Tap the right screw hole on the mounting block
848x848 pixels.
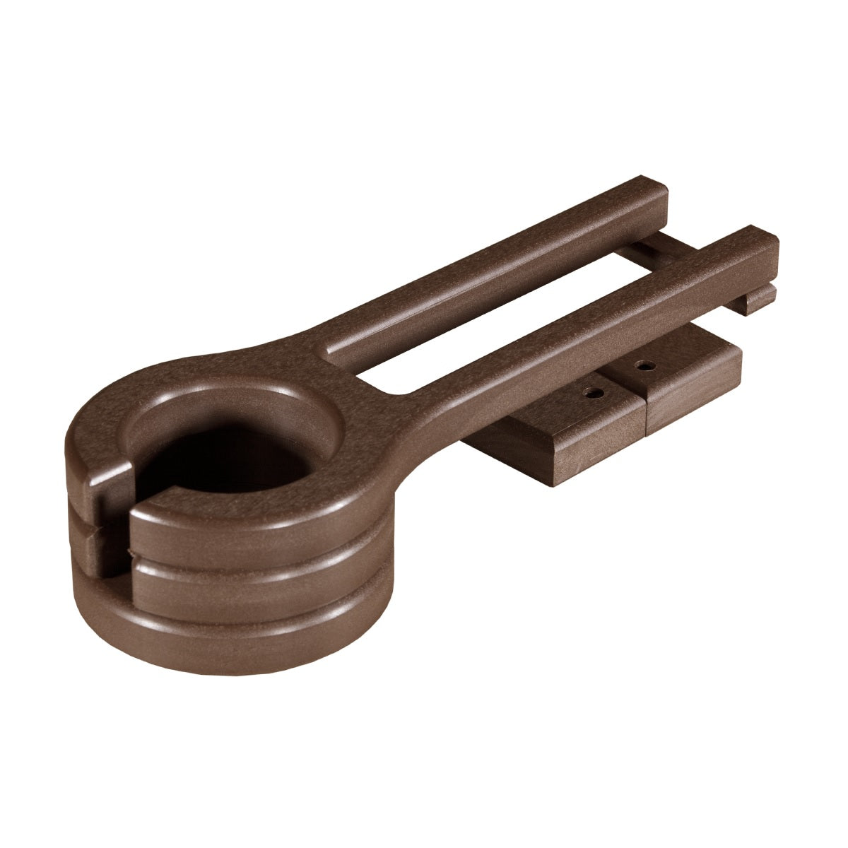click(x=642, y=366)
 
